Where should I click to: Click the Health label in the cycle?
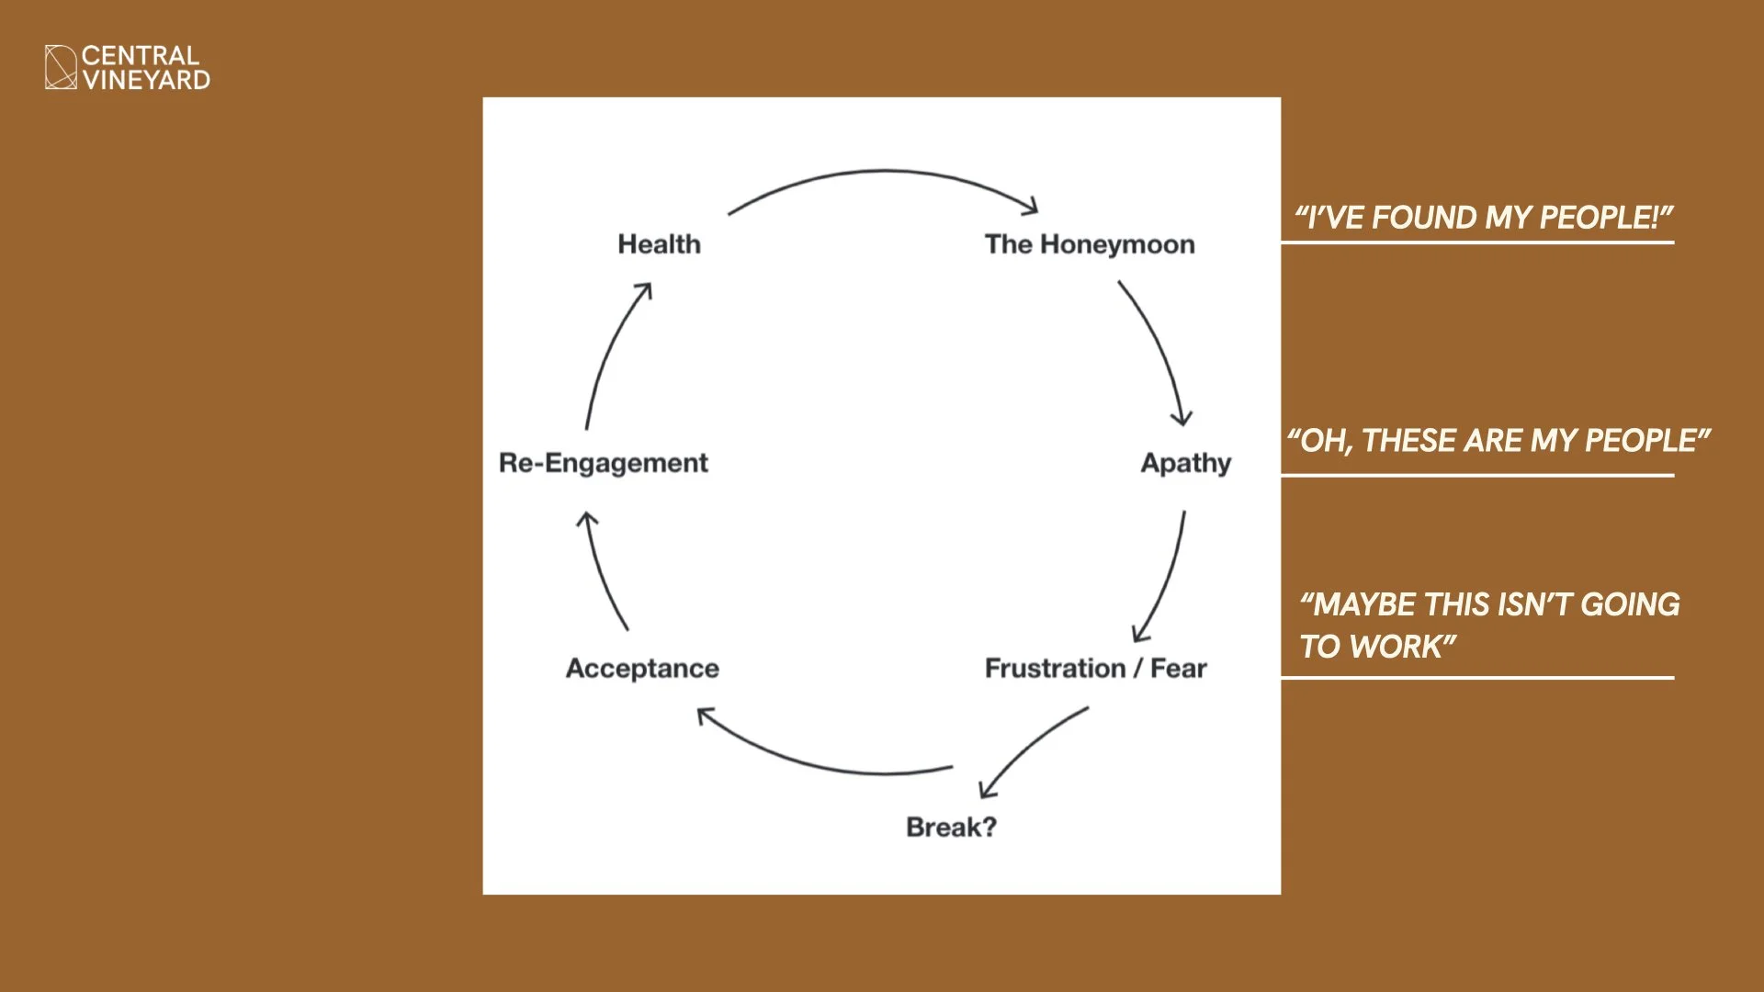(659, 244)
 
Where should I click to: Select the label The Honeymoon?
(1090, 244)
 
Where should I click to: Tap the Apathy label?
(1186, 463)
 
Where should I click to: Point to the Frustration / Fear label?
(1096, 669)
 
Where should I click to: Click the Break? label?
(951, 828)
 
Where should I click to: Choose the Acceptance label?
(642, 669)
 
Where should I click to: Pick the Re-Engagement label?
(604, 463)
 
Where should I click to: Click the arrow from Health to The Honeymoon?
(884, 171)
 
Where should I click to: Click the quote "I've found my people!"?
(1484, 218)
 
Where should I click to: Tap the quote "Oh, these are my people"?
(1498, 441)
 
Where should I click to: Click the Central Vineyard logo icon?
(62, 67)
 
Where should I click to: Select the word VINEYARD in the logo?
(146, 80)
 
